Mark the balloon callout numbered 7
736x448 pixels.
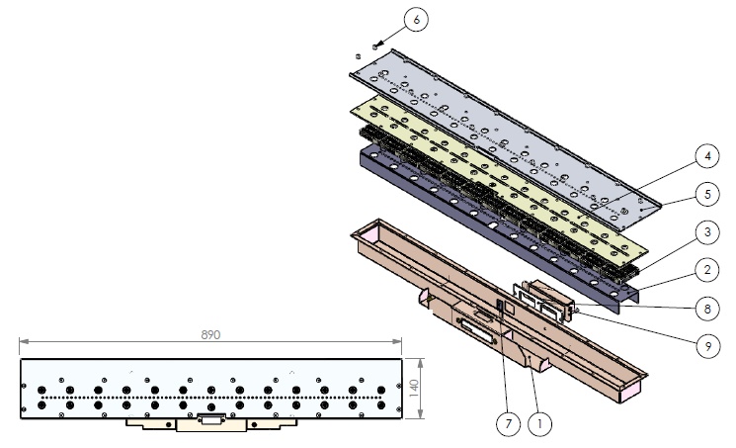pos(506,424)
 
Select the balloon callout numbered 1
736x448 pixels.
pos(539,424)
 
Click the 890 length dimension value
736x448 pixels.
pos(210,334)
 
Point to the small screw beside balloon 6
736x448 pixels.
pos(375,45)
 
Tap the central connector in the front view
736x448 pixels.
pos(210,419)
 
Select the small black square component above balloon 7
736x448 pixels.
pos(502,307)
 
